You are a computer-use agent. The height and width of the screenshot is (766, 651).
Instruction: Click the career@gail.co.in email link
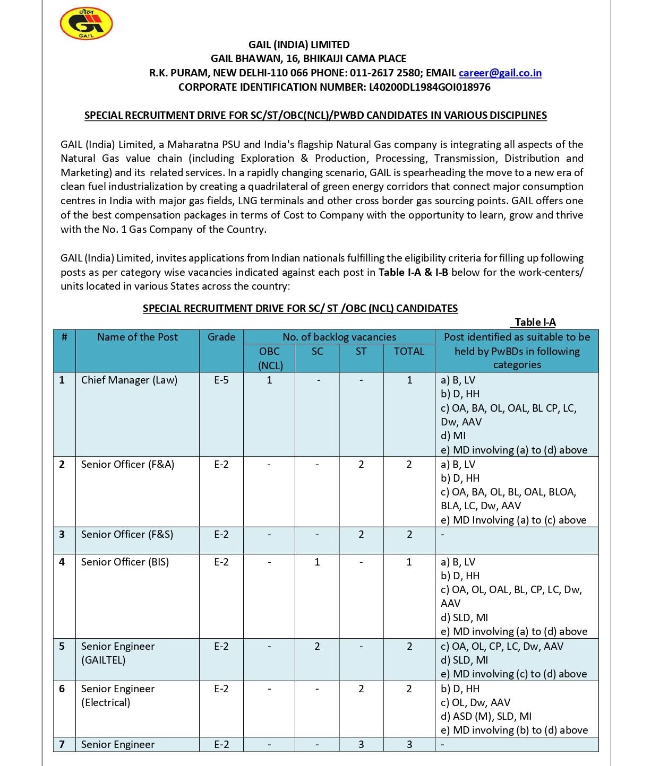(500, 73)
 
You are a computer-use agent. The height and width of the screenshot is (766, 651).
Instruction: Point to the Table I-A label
(535, 322)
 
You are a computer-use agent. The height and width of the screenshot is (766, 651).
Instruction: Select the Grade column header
(221, 337)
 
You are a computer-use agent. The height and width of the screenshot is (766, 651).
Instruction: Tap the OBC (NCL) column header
(270, 358)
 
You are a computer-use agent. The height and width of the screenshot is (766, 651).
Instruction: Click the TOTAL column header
(409, 351)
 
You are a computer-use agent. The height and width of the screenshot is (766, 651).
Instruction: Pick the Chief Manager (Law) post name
(129, 380)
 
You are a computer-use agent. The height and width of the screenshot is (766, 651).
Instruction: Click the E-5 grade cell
(221, 380)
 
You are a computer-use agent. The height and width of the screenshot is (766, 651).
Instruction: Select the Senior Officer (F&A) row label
(127, 464)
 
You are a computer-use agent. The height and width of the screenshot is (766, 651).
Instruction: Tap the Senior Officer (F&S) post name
(127, 534)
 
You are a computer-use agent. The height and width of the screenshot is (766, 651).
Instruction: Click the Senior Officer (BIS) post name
(125, 562)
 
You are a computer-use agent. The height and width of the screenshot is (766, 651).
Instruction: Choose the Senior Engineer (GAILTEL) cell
(118, 653)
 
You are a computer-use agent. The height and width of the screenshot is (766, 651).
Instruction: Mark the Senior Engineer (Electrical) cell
(118, 695)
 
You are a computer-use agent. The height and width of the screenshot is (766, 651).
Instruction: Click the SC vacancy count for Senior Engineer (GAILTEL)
(317, 646)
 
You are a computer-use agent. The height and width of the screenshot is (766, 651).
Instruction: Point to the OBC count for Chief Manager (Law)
(269, 380)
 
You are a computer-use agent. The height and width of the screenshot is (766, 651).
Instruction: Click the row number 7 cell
(62, 744)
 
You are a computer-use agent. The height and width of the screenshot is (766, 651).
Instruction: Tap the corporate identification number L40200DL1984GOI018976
(430, 87)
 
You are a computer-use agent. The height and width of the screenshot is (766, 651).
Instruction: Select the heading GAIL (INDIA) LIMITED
(299, 45)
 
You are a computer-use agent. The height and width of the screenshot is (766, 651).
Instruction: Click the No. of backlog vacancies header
(339, 337)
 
